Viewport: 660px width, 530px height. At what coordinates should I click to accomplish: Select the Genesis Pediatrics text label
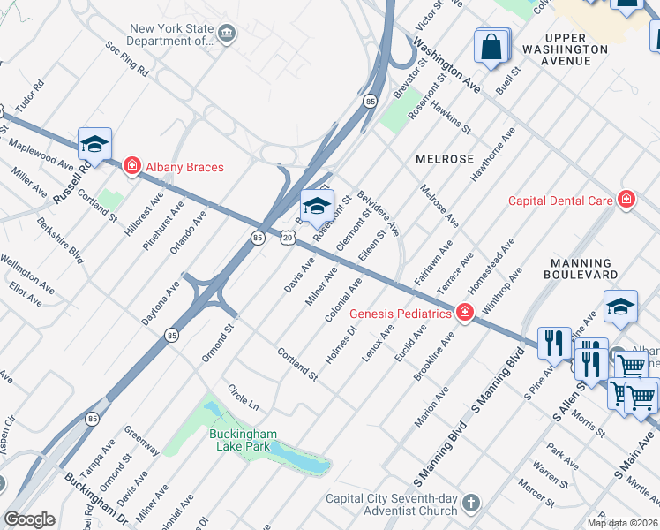pos(401,314)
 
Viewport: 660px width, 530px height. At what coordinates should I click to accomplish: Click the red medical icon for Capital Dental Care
pos(626,201)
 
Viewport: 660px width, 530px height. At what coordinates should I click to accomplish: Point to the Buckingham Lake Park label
pos(243,440)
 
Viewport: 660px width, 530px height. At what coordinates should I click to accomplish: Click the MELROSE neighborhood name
pos(445,159)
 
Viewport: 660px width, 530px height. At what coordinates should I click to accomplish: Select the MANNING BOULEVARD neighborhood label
pos(581,269)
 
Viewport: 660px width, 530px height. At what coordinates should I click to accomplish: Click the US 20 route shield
pos(288,238)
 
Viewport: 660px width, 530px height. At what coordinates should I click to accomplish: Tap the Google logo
pos(29,519)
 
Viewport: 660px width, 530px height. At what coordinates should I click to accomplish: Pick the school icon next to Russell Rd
pos(95,144)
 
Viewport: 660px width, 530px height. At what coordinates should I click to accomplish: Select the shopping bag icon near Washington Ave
pos(492,46)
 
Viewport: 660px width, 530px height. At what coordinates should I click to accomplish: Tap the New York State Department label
pos(171,34)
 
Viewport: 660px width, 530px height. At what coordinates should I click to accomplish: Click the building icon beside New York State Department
pos(228,34)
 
